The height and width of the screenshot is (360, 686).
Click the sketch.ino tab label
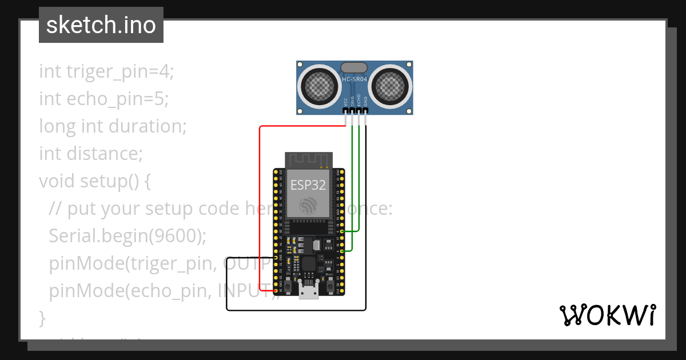101,25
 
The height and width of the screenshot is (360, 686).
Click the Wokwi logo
607,315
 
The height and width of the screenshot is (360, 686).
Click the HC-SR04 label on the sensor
354,79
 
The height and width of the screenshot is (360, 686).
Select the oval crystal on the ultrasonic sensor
354,68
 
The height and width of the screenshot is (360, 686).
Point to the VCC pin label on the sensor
345,102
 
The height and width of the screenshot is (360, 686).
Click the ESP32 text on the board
309,185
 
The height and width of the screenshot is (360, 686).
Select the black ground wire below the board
297,310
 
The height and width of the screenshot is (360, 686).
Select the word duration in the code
155,126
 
